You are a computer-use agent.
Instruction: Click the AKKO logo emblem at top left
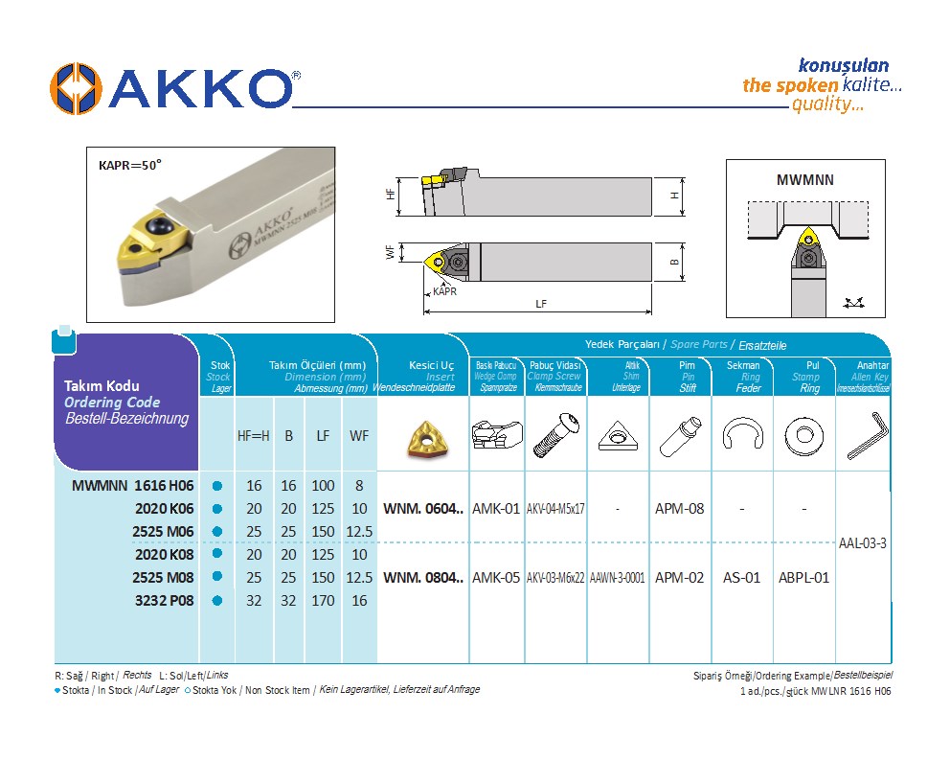76,88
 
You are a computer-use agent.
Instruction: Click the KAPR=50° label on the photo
130,164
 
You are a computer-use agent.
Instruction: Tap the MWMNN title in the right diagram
803,179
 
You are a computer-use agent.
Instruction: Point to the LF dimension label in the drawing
541,304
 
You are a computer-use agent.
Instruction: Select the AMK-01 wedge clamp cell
496,509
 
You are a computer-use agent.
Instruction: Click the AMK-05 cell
496,578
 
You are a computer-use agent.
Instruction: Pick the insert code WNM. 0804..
422,578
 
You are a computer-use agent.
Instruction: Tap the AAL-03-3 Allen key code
862,543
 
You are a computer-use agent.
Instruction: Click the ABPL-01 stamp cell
803,578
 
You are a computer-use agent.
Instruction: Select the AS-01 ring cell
742,578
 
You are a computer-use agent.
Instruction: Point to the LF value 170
323,601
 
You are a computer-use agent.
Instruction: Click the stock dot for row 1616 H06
217,486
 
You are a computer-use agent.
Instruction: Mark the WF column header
359,436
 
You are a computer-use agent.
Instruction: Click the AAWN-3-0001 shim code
618,578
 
